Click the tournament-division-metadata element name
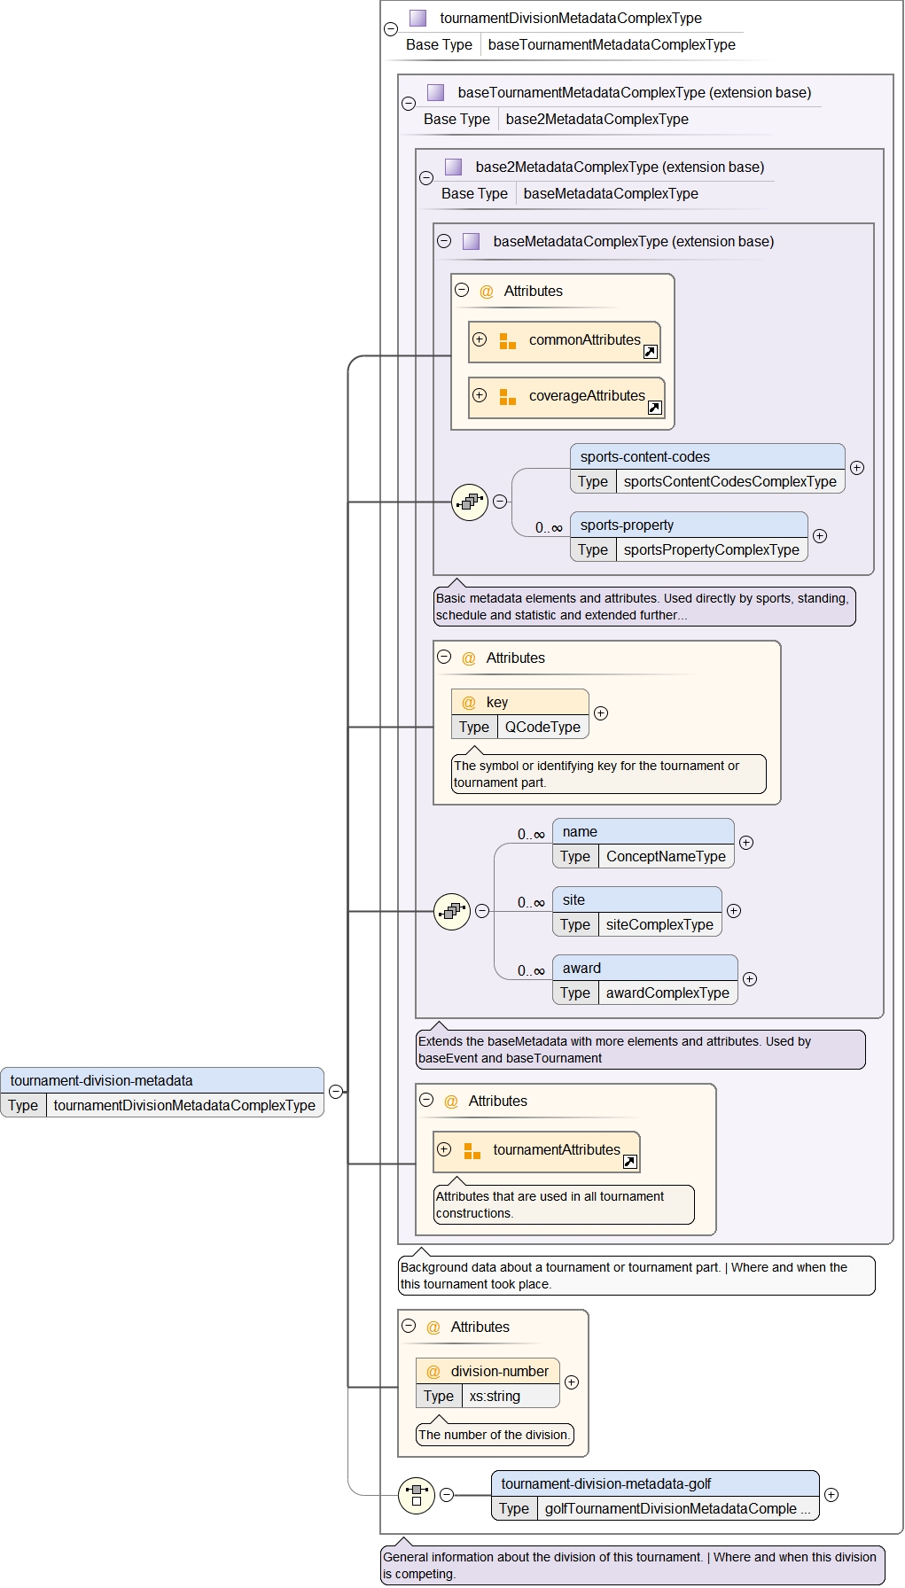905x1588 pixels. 101,1080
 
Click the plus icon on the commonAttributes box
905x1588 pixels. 480,339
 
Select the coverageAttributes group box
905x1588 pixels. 567,397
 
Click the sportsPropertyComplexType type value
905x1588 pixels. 711,549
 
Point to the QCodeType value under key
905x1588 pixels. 542,727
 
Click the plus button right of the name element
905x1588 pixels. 746,843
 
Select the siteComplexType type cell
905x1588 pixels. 659,924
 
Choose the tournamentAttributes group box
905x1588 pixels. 536,1151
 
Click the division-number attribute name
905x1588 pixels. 499,1371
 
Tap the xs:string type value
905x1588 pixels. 495,1396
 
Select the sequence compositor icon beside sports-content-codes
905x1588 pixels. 470,502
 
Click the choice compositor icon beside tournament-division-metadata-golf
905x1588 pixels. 417,1495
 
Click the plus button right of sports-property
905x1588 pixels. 820,536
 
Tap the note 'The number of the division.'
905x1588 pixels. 495,1435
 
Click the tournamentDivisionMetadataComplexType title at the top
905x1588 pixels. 570,18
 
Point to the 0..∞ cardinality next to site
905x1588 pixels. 531,903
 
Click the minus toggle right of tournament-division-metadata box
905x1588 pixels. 336,1092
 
